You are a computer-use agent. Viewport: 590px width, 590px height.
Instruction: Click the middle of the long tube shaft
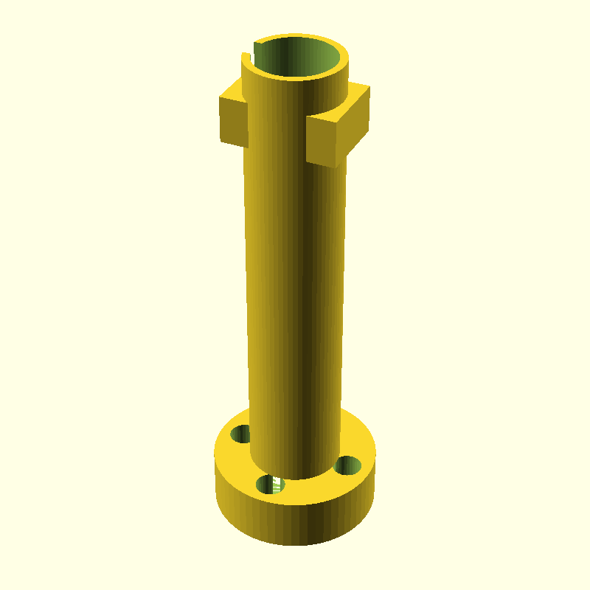[295, 280]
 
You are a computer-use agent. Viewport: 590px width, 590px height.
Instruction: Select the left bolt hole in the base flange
[240, 434]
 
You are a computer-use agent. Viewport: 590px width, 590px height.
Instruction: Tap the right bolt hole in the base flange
[347, 465]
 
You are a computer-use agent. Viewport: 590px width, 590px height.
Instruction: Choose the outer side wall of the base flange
[295, 520]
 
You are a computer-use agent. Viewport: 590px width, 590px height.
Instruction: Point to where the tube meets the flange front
[295, 478]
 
